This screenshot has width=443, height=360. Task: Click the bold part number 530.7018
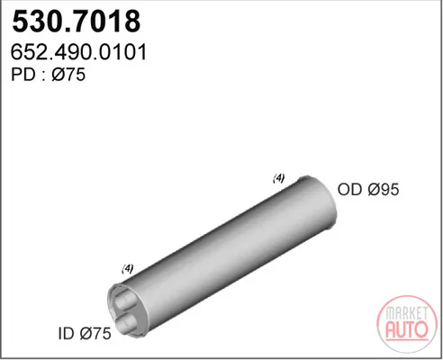point(77,22)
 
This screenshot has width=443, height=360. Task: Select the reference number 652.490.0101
point(78,52)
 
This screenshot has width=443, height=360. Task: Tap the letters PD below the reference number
point(23,75)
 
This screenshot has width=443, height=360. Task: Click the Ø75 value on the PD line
point(68,75)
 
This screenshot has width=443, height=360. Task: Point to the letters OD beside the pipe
point(349,189)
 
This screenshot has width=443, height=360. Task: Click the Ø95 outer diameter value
point(384,189)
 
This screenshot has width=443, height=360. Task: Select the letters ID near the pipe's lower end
point(66,334)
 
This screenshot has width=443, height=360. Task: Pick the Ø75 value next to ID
point(95,334)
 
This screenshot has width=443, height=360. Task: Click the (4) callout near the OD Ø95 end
point(278,178)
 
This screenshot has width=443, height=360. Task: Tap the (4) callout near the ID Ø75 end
point(128,268)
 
